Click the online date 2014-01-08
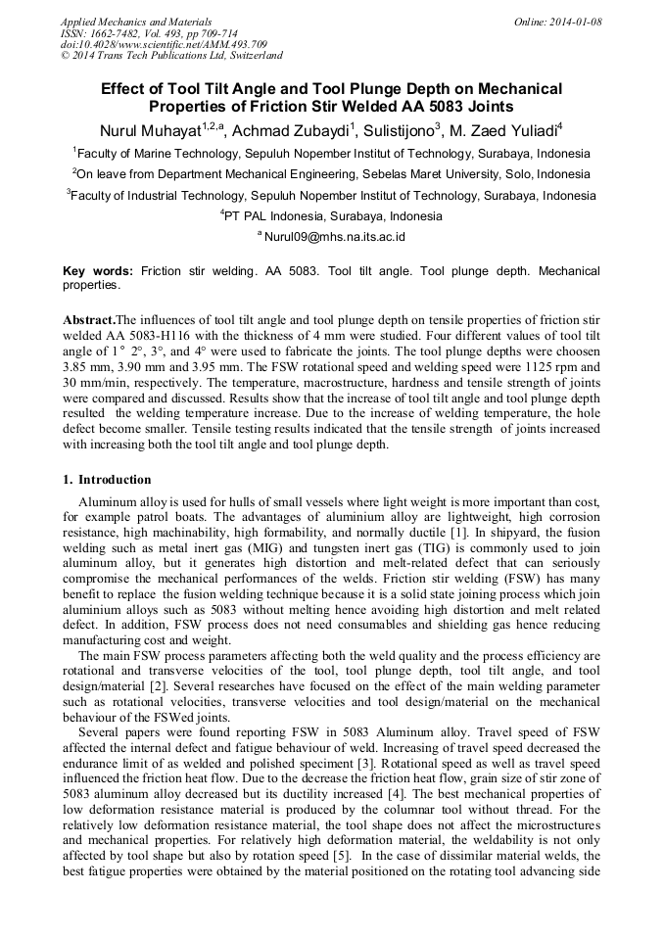pos(575,21)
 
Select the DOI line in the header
pos(163,44)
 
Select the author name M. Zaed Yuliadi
pos(515,129)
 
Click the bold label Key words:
pos(98,270)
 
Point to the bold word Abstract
pos(89,320)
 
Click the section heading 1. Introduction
pos(107,480)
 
